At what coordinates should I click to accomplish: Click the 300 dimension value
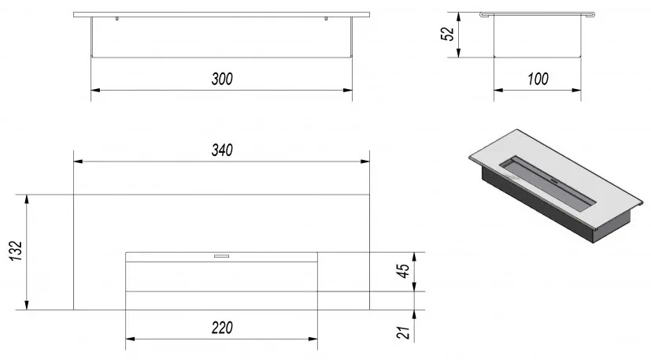pos(222,79)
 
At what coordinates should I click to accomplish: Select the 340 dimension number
pos(222,150)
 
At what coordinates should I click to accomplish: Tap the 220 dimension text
pos(222,328)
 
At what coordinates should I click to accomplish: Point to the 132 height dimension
pos(16,251)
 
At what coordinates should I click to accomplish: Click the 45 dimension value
pos(403,271)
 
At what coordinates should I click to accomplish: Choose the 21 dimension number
pos(403,332)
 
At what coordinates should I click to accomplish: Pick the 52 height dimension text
pos(447,34)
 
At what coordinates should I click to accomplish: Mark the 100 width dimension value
pos(538,79)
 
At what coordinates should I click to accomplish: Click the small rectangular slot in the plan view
pos(221,256)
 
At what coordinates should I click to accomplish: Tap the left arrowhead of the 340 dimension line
pos(78,161)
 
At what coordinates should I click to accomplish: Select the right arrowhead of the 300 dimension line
pos(348,90)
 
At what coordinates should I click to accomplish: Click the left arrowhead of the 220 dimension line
pos(130,339)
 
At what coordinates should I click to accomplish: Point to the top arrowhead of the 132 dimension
pos(27,199)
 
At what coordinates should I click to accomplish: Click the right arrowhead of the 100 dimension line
pos(576,90)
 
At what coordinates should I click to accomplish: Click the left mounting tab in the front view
pos(117,18)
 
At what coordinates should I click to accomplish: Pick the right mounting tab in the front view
pos(326,18)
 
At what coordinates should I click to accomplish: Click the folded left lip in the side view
pos(483,14)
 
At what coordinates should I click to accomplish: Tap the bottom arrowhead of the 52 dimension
pos(458,53)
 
